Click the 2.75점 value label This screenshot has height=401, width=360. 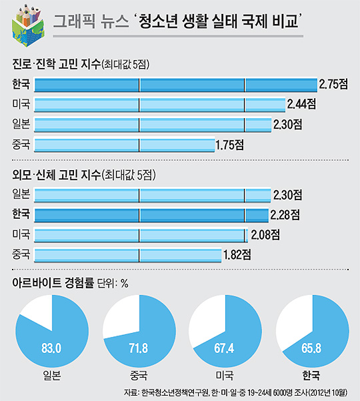tap(334, 85)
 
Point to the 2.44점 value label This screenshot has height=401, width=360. tap(301, 105)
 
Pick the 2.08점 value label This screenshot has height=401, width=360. tap(264, 234)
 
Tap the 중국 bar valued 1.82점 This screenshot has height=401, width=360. tap(127, 254)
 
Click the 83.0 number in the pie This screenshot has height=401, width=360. tap(51, 346)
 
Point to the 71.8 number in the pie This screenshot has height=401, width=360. tap(139, 346)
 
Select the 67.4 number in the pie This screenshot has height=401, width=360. tap(225, 346)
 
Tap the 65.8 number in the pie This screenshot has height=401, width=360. tap(310, 346)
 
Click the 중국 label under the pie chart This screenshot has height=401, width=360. tap(139, 374)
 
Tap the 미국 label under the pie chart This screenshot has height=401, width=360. tap(225, 374)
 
